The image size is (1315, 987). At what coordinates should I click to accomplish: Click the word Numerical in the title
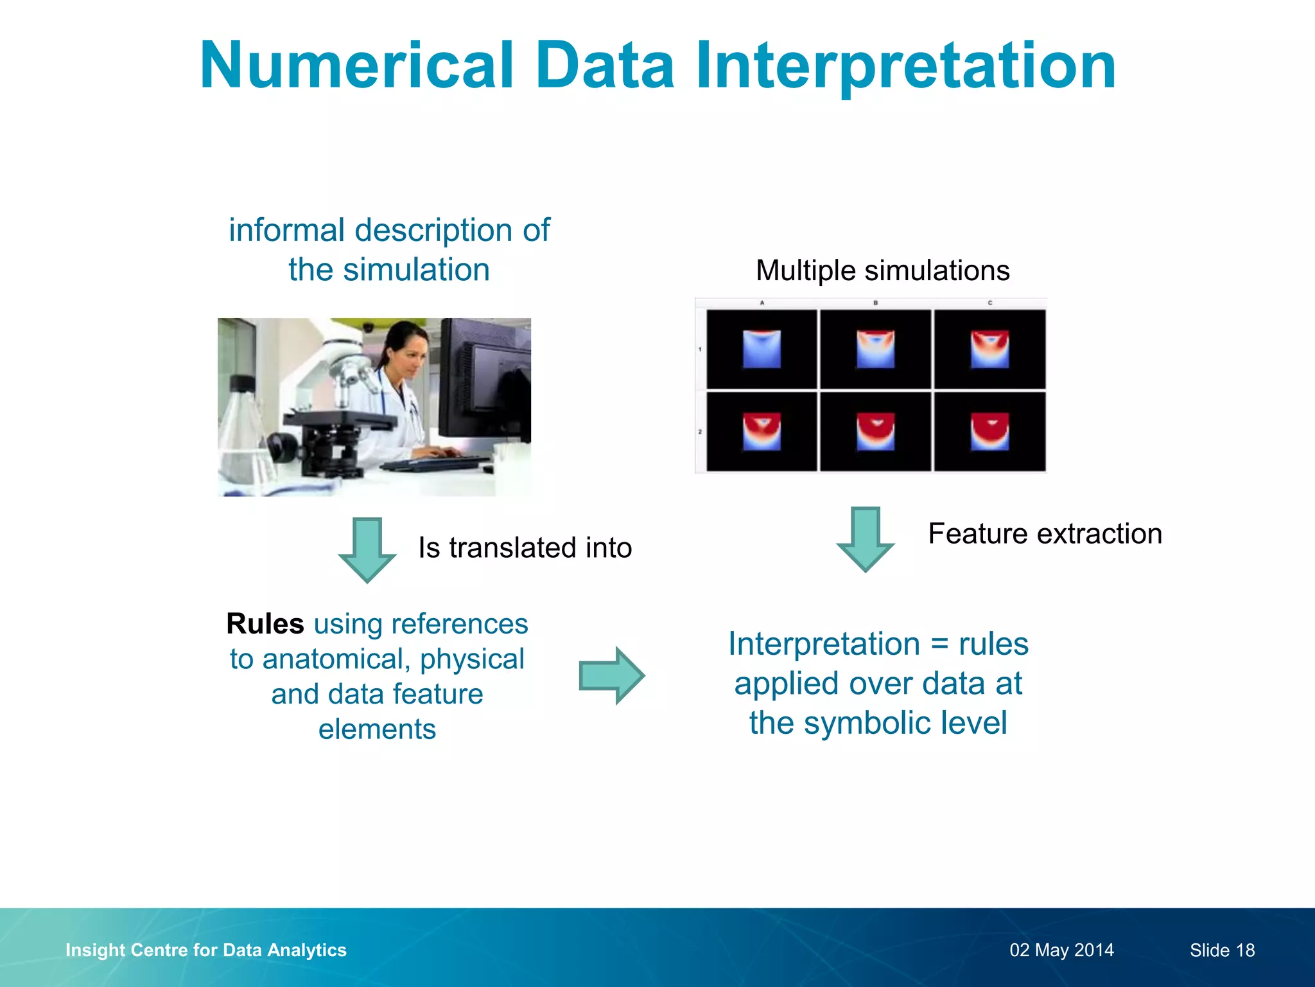[x=357, y=66]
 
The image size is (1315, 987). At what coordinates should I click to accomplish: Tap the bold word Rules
[x=265, y=624]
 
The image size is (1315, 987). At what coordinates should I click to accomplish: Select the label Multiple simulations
[x=882, y=271]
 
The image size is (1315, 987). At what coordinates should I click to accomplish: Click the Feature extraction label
[x=1045, y=534]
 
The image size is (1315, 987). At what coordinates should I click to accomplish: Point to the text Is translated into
[x=525, y=548]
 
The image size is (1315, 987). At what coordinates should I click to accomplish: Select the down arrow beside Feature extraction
[x=865, y=538]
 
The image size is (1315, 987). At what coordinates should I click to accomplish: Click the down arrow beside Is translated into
[x=367, y=549]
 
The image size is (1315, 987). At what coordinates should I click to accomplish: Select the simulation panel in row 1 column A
[x=762, y=349]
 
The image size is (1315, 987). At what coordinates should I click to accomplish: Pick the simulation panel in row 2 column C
[x=989, y=432]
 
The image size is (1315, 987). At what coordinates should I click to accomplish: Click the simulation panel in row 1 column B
[x=875, y=349]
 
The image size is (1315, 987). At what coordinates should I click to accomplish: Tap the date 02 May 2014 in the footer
[x=1061, y=950]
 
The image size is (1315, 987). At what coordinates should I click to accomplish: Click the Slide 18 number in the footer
[x=1222, y=950]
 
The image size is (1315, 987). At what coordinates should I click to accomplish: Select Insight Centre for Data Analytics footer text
[x=205, y=950]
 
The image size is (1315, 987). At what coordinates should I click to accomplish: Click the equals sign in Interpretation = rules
[x=939, y=645]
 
